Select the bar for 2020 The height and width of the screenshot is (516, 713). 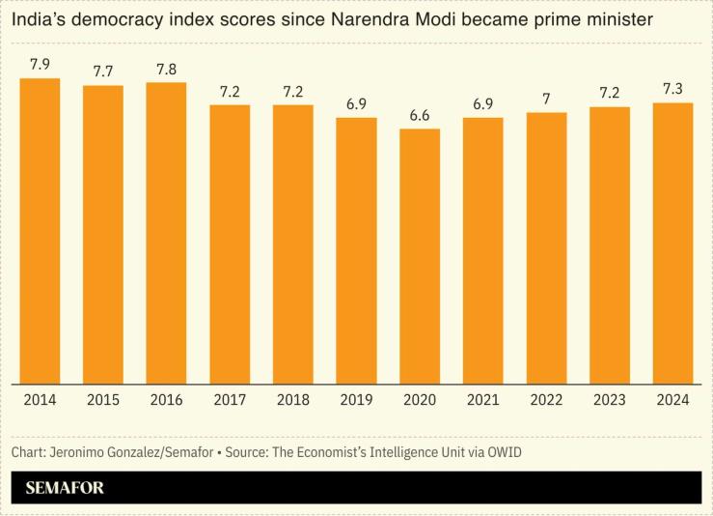tap(420, 255)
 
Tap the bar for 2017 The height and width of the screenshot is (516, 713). tap(230, 244)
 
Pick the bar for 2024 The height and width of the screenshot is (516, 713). tap(672, 242)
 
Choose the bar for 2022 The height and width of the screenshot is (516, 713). tap(546, 247)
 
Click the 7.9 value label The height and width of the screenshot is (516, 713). tap(40, 65)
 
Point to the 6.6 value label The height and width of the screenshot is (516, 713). tap(420, 116)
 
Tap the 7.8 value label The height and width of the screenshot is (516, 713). tap(166, 69)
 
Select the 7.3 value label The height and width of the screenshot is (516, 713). tap(672, 89)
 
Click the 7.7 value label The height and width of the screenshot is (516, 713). tap(103, 72)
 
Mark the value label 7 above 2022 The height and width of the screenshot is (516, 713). tap(546, 100)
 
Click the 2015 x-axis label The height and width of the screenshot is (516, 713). tap(103, 400)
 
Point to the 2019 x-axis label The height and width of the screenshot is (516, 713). tap(356, 400)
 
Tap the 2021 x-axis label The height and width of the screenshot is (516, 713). tap(482, 400)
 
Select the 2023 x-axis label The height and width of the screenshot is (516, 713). tap(610, 400)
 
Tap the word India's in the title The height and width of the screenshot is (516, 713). tap(40, 18)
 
